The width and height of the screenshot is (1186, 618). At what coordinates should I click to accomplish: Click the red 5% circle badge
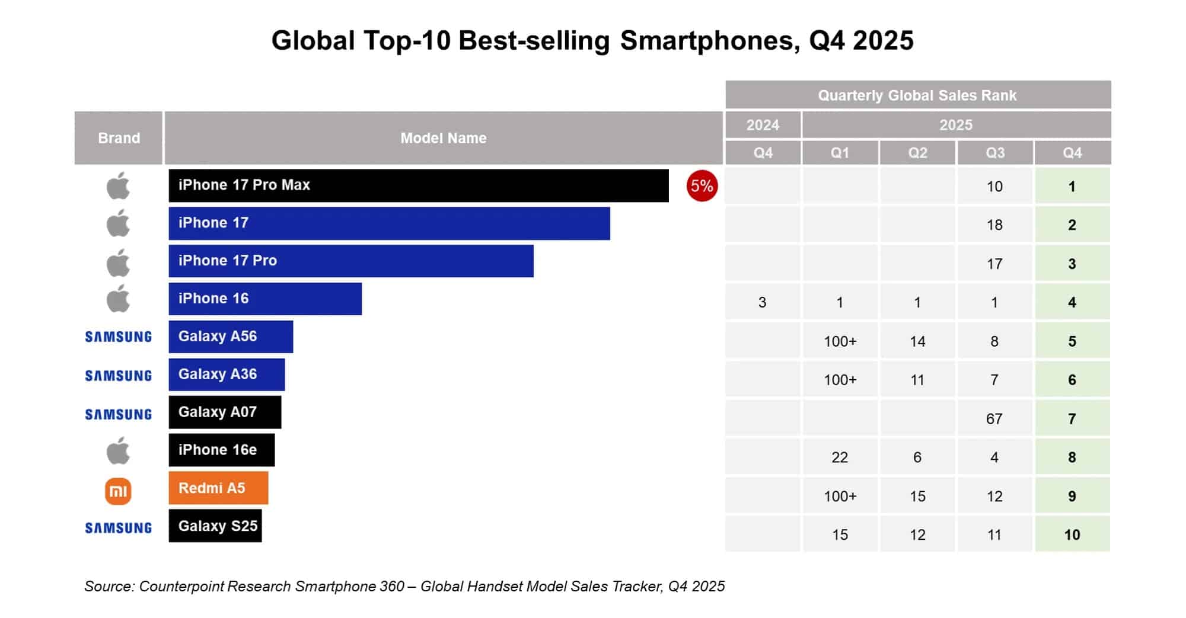pos(702,186)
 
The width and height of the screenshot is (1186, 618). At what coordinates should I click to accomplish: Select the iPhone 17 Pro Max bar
pos(418,185)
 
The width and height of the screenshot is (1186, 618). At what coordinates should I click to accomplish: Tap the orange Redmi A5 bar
pos(218,488)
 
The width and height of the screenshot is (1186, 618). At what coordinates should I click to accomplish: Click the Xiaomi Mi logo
pos(118,491)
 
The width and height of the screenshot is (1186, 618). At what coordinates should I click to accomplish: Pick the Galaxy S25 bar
pos(215,526)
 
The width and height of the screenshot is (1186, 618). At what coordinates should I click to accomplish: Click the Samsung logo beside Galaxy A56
pos(118,337)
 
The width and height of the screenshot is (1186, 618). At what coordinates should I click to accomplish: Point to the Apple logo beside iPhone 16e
pos(118,451)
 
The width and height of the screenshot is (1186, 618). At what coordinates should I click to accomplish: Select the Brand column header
pos(119,138)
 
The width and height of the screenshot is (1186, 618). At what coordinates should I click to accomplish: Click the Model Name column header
pos(443,138)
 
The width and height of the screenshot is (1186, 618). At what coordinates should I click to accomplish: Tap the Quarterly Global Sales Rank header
pos(917,95)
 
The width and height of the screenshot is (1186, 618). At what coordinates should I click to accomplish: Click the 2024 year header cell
pos(763,125)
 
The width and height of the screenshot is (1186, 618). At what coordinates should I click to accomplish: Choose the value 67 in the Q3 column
pos(994,419)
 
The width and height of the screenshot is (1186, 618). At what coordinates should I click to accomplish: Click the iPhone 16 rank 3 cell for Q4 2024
pos(763,303)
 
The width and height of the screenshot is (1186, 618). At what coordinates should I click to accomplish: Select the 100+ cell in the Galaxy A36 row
pos(840,380)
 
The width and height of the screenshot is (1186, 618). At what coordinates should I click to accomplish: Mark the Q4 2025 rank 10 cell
pos(1072,534)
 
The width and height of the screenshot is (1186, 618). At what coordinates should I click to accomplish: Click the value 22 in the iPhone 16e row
pos(840,457)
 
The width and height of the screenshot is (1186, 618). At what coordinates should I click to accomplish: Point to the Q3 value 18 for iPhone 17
pos(994,225)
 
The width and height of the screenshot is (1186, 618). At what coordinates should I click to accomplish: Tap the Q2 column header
pos(917,153)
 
